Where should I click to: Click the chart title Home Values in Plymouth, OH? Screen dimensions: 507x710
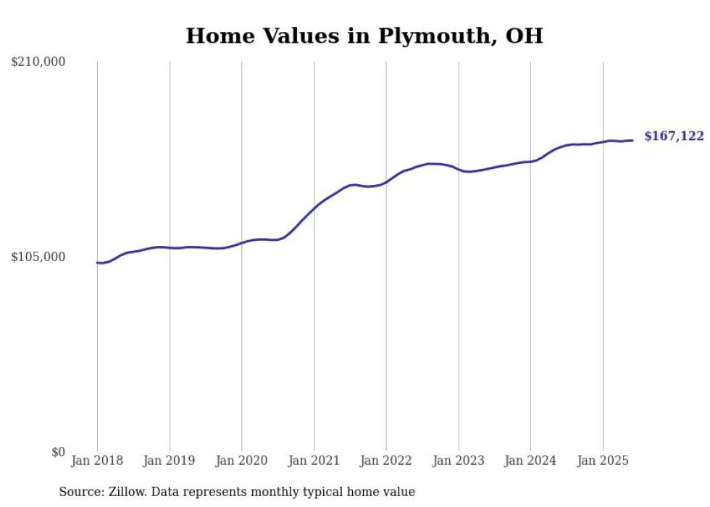coord(364,36)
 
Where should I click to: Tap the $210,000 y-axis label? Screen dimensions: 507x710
coord(38,62)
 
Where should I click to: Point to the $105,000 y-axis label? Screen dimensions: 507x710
coord(38,257)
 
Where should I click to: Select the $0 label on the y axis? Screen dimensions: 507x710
coord(58,452)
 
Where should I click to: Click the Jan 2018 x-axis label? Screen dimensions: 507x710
coord(97,461)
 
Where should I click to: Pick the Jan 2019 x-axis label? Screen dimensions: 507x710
coord(170,461)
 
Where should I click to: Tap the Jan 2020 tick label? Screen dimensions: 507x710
coord(241,461)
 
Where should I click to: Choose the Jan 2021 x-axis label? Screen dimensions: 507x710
coord(314,461)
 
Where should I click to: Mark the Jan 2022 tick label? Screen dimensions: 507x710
coord(386,461)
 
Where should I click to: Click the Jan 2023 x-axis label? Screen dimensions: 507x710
coord(458,461)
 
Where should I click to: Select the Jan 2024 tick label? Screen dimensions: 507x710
coord(530,461)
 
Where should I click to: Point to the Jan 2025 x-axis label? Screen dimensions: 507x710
coord(603,461)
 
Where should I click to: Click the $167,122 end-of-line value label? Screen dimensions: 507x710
coord(674,136)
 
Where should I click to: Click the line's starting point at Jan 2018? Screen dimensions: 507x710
coord(97,263)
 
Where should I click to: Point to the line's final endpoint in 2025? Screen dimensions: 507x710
coord(633,140)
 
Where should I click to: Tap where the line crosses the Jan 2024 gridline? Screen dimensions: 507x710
coord(530,161)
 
